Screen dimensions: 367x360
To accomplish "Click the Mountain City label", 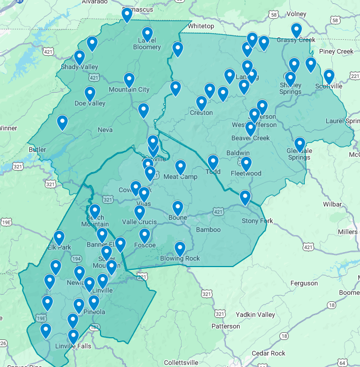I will (x=129, y=89).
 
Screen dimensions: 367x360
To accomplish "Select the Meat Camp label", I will (x=181, y=176).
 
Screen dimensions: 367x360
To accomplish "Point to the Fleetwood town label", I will (x=246, y=173).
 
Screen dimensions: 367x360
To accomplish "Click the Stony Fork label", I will (x=257, y=221).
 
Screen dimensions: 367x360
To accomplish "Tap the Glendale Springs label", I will (x=299, y=154).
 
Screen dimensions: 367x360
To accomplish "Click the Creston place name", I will (x=201, y=113).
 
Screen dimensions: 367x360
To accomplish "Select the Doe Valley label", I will (x=89, y=103).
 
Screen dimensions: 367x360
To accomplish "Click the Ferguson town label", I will (x=304, y=283).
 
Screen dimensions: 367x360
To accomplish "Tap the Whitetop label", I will (x=200, y=26).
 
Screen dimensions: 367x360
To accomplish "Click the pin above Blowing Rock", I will (x=179, y=248).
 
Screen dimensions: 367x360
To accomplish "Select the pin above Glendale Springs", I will (x=299, y=144).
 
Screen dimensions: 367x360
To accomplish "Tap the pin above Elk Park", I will (x=59, y=237).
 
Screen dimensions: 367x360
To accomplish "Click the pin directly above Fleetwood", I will (x=246, y=163).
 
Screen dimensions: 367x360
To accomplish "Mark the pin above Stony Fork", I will (x=245, y=197).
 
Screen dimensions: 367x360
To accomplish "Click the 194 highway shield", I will (x=76, y=258).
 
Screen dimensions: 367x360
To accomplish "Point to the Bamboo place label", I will (x=208, y=230).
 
